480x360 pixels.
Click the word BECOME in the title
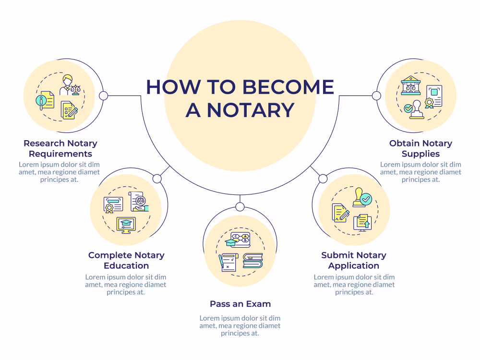pyautogui.click(x=288, y=87)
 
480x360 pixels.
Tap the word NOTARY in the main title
pyautogui.click(x=251, y=110)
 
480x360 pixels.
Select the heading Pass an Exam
pyautogui.click(x=240, y=304)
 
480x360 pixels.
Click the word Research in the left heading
pyautogui.click(x=44, y=143)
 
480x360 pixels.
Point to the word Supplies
pyautogui.click(x=420, y=154)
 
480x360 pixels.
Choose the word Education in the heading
pyautogui.click(x=126, y=266)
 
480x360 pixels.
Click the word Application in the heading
pyautogui.click(x=354, y=266)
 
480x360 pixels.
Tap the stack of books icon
pyautogui.click(x=253, y=261)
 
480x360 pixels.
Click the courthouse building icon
pyautogui.click(x=410, y=85)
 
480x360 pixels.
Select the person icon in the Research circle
pyautogui.click(x=67, y=85)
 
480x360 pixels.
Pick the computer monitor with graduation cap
pyautogui.click(x=126, y=225)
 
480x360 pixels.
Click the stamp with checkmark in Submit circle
pyautogui.click(x=361, y=198)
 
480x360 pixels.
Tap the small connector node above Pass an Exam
pyautogui.click(x=240, y=207)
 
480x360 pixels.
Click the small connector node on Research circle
pyautogui.click(x=104, y=96)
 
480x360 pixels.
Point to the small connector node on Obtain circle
pyautogui.click(x=376, y=96)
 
